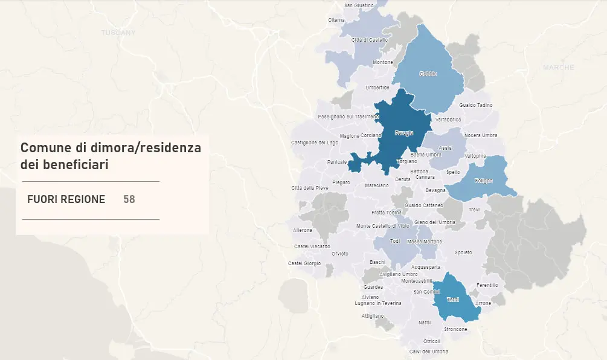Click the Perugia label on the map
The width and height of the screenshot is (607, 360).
(x=403, y=133)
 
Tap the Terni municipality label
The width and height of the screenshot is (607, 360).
(x=452, y=300)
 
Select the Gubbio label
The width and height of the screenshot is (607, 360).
(x=428, y=74)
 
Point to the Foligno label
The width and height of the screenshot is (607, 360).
(x=484, y=181)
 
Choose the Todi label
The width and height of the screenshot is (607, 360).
(x=395, y=241)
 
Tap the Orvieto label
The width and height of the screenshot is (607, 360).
(x=339, y=254)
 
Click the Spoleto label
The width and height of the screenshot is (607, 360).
(x=463, y=252)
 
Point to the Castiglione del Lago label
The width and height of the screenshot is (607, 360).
(x=315, y=143)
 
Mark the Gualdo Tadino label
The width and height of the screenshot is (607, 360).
(x=475, y=105)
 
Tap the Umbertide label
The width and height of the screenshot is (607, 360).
(x=377, y=88)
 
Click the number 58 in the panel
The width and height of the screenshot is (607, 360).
(x=129, y=199)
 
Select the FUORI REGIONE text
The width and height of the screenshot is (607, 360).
(x=66, y=199)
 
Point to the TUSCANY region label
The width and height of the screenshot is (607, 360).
(x=119, y=32)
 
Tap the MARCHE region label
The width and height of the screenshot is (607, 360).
(x=558, y=68)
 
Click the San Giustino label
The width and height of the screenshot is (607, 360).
(x=359, y=5)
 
